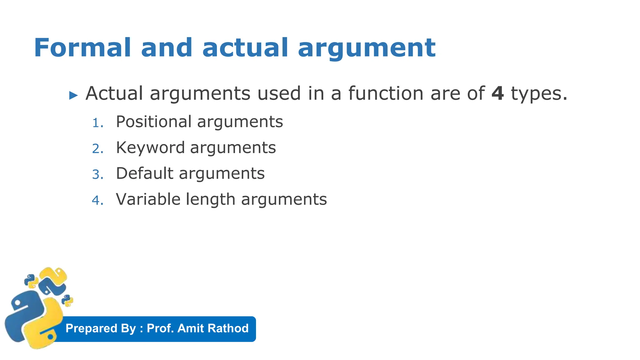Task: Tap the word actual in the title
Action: [x=245, y=47]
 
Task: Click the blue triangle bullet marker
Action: [x=73, y=95]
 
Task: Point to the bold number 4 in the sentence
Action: [x=497, y=93]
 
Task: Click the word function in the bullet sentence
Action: [x=386, y=93]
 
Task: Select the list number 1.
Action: [x=97, y=123]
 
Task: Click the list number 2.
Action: [x=97, y=149]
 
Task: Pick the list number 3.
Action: [x=97, y=174]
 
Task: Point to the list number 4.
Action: [x=97, y=200]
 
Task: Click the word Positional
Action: [x=153, y=122]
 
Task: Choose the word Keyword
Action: [x=150, y=147]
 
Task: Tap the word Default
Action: [x=144, y=173]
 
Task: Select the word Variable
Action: [x=148, y=199]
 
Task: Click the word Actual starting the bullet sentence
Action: [x=114, y=93]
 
